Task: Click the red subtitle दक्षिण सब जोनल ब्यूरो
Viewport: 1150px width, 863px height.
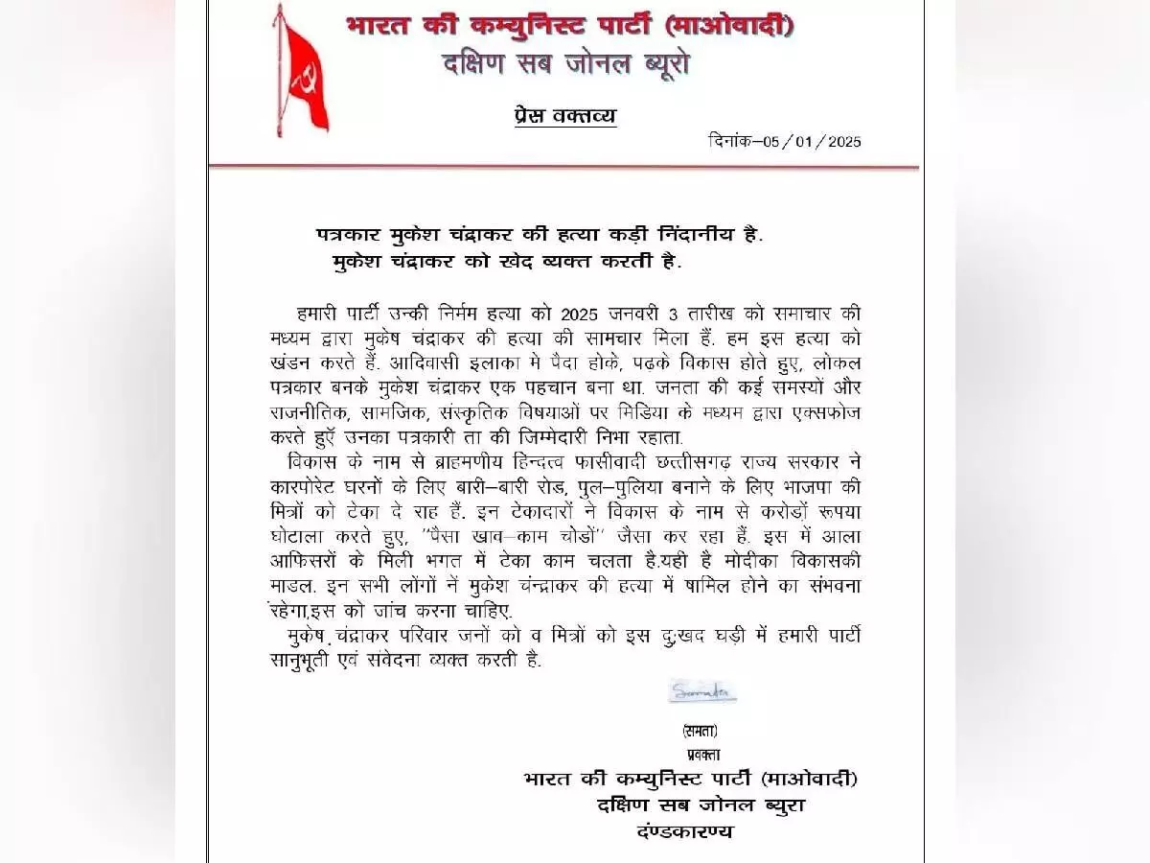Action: tap(565, 65)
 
